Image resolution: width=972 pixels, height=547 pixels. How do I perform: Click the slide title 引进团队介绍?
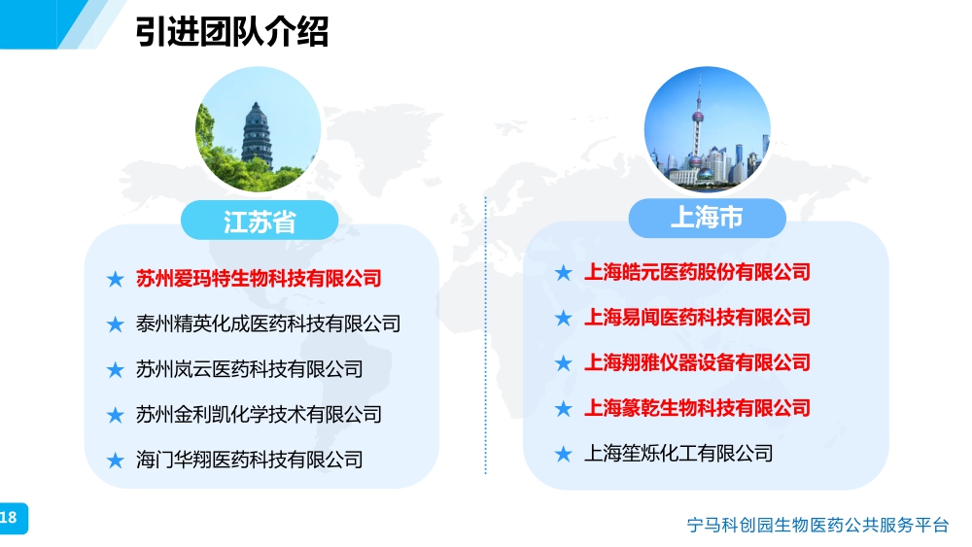click(x=232, y=32)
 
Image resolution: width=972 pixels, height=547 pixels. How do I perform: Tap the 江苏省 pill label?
click(x=260, y=221)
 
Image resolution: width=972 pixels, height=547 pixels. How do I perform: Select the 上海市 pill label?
click(x=707, y=218)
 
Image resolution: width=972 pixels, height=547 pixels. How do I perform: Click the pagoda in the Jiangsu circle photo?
click(x=258, y=135)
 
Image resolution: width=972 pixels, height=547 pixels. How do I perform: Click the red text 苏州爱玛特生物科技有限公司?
click(x=259, y=278)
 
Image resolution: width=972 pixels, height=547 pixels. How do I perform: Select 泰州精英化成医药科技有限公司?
click(x=268, y=324)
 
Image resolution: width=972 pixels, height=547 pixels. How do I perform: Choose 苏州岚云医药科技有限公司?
click(x=249, y=369)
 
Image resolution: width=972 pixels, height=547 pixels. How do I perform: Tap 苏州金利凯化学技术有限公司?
click(x=259, y=415)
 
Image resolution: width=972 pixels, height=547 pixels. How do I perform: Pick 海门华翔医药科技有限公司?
click(x=249, y=460)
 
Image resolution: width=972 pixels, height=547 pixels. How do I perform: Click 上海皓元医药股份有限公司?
click(x=697, y=272)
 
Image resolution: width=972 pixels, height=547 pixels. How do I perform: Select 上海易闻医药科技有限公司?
click(x=697, y=317)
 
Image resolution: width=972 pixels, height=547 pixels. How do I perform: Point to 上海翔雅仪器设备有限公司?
click(x=697, y=362)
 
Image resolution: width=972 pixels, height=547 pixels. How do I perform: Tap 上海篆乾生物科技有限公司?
click(x=697, y=408)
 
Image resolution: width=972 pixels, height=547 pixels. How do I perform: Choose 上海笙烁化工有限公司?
click(x=678, y=454)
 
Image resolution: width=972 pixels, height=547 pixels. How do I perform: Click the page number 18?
click(x=9, y=518)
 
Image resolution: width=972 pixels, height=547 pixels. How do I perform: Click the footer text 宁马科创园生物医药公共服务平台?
click(x=817, y=526)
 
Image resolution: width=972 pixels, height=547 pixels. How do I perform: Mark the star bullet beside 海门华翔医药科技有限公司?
click(x=116, y=461)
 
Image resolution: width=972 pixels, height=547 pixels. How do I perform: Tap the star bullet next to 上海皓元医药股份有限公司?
click(x=564, y=273)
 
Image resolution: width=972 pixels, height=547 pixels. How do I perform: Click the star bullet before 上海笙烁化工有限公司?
click(x=564, y=454)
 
